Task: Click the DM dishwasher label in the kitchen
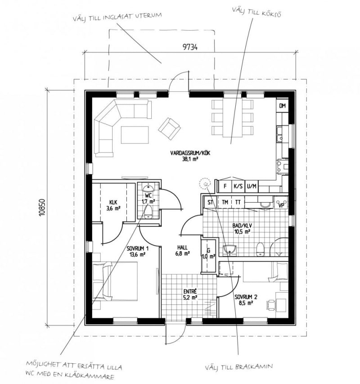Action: point(283,106)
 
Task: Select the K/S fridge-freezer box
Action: point(238,186)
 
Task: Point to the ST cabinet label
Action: point(210,202)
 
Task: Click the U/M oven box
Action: point(252,186)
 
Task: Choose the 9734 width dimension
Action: point(190,47)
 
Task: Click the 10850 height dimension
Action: point(42,208)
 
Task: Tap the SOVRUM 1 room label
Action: point(138,248)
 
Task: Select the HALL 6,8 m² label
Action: point(183,251)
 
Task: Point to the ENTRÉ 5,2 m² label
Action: point(190,294)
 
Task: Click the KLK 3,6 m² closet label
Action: point(113,205)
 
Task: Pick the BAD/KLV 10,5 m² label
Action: point(242,228)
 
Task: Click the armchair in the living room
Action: point(169,128)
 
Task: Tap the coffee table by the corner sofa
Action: point(135,135)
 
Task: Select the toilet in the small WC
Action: point(148,212)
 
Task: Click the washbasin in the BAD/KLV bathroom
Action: point(229,249)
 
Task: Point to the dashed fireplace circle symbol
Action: point(204,184)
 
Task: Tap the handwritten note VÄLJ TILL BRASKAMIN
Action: point(238,367)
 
